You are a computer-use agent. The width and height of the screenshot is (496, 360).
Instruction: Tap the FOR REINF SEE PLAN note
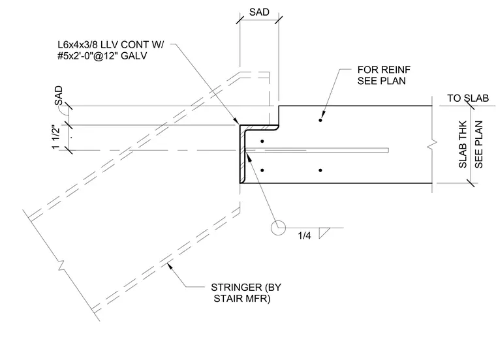pos(384,75)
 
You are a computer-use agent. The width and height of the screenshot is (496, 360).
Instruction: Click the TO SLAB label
pos(467,98)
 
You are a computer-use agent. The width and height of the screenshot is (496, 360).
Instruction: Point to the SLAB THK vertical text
pos(463,144)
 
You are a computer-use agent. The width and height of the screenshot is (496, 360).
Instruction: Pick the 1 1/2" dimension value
pos(56,137)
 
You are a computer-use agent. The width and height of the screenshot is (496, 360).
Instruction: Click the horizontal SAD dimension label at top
pos(259,12)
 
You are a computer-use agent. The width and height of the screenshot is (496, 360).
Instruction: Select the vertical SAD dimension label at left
pos(58,96)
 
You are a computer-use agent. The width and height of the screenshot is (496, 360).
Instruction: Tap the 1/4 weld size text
pos(304,235)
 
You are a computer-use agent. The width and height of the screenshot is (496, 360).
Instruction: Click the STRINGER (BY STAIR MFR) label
pos(246,293)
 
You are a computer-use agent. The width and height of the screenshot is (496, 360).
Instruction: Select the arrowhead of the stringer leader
pos(170,266)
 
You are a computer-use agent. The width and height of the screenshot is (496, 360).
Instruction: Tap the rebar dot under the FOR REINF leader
pos(320,120)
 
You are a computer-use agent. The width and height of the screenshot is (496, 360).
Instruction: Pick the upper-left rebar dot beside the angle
pos(262,142)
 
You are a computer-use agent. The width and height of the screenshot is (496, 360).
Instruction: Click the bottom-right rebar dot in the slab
pos(320,170)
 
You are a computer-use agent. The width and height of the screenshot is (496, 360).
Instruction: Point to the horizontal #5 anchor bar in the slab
pos(317,150)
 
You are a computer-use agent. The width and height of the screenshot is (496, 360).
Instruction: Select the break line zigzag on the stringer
pos(61,265)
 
